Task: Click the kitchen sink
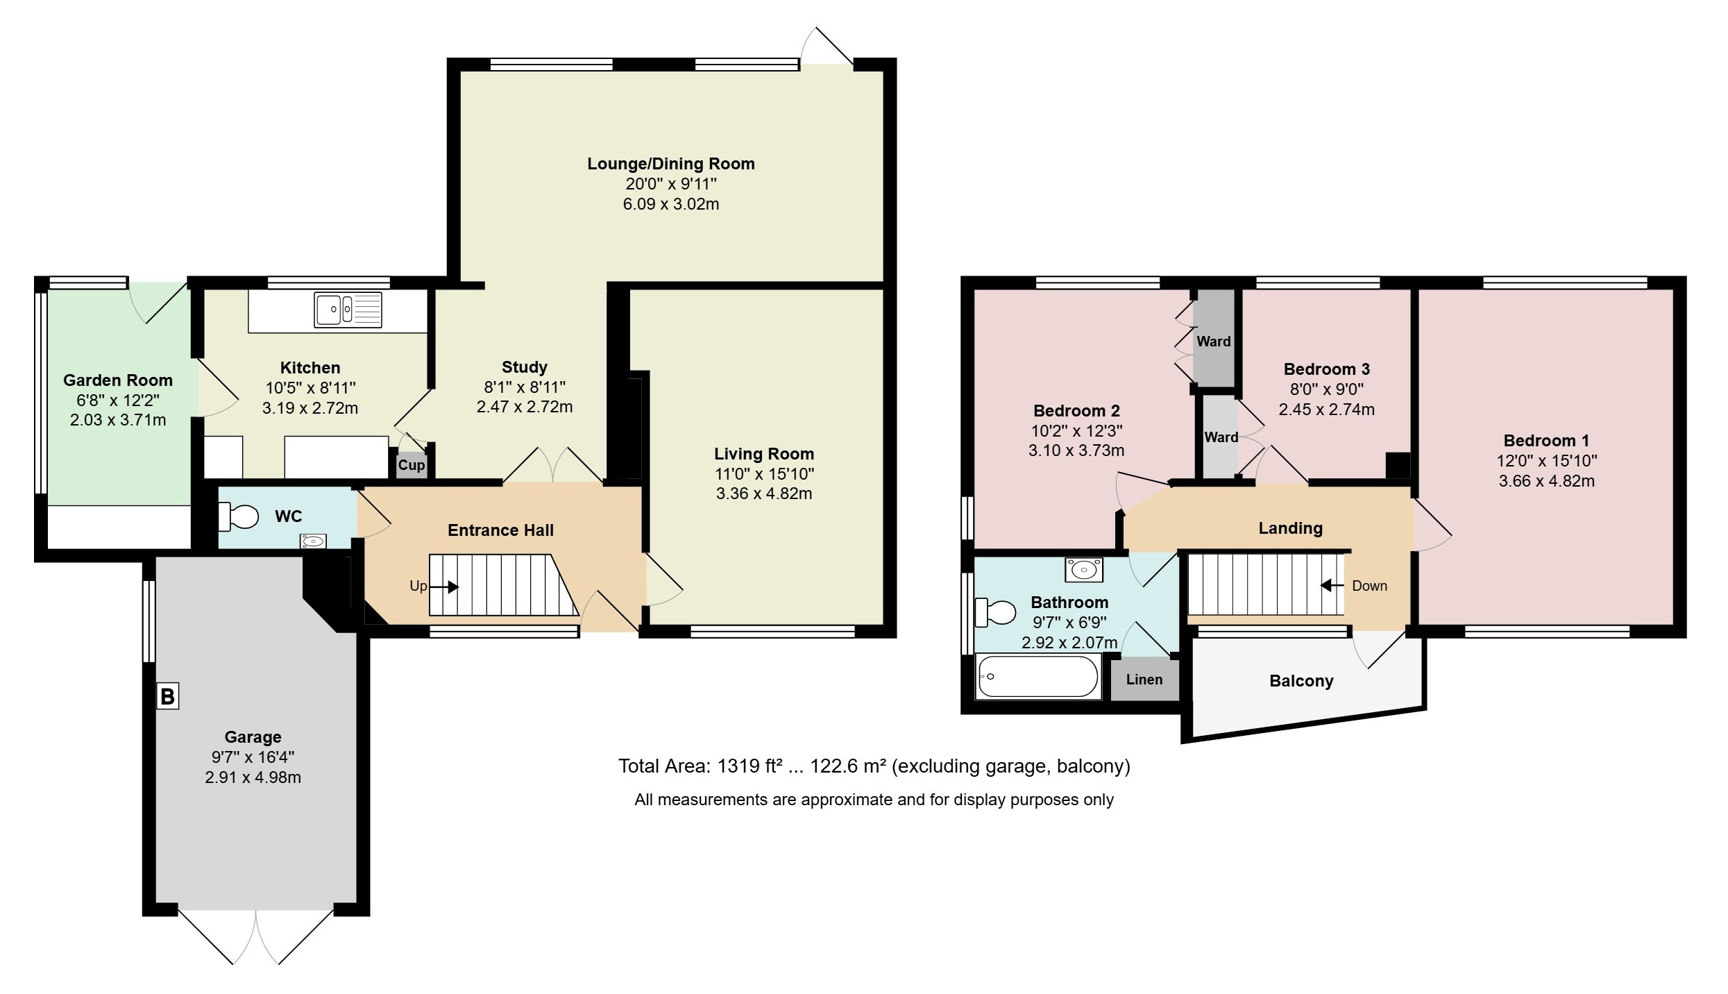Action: pos(348,310)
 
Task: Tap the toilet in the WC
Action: pos(238,516)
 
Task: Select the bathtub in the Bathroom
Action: pos(1037,676)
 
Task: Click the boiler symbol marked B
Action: pos(167,696)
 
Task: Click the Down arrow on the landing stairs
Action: pos(1332,585)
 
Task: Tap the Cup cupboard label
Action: pos(412,465)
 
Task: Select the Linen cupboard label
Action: pos(1144,680)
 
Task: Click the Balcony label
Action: pos(1301,681)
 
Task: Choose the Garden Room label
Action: pos(118,380)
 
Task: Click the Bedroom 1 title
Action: pos(1546,441)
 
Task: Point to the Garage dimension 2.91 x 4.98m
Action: pos(253,777)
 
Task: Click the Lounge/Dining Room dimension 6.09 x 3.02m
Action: pos(670,204)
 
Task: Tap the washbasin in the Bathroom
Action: pos(1084,570)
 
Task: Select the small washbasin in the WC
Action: pos(314,541)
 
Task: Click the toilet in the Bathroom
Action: pos(994,612)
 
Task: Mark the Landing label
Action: pos(1291,528)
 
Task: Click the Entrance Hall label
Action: pos(500,530)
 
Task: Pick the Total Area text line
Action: pos(874,766)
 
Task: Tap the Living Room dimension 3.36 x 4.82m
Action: pos(764,494)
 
